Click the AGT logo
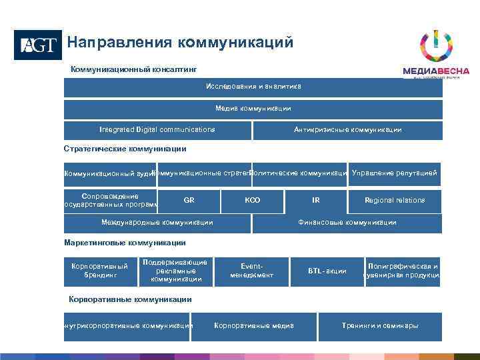pos(37,45)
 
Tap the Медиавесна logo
pos(436,56)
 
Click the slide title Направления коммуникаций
pos(180,43)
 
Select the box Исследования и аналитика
pos(253,87)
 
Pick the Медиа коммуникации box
pos(253,109)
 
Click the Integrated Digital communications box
pos(157,130)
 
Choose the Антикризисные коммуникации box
pos(347,130)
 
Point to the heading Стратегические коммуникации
pos(125,149)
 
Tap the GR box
pos(189,200)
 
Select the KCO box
pos(253,200)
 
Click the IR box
pos(315,200)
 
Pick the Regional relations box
pos(395,200)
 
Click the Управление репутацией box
pos(395,173)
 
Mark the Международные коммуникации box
pos(157,223)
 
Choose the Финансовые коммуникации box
pos(347,223)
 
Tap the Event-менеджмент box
pos(252,270)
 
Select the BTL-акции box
pos(327,271)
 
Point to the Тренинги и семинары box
pos(380,326)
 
